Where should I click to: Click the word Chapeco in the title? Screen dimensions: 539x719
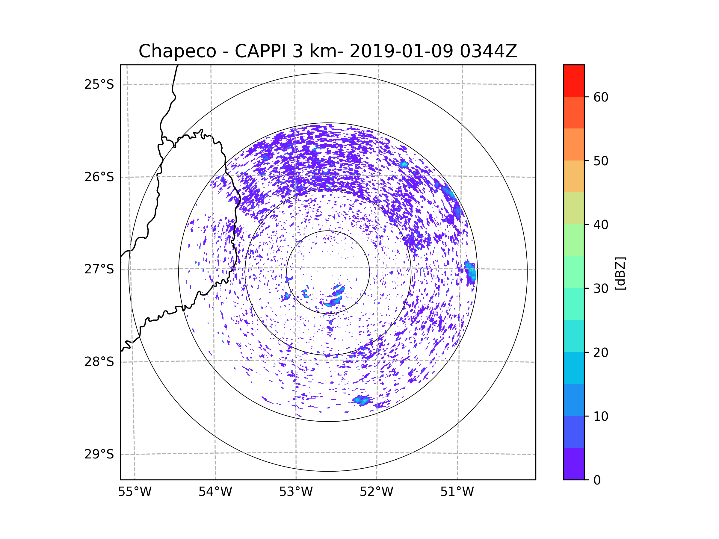tap(177, 51)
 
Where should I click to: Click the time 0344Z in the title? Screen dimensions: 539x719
tap(488, 51)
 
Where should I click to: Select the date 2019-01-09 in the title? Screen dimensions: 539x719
tap(401, 51)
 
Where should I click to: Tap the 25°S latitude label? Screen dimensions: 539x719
tap(99, 84)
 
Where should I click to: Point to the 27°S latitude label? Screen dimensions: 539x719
tap(99, 269)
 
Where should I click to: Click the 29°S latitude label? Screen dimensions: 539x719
tap(99, 454)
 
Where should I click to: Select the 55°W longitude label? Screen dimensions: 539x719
tap(135, 492)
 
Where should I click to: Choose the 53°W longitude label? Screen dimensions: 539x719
tap(296, 492)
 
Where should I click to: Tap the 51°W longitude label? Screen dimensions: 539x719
tap(457, 492)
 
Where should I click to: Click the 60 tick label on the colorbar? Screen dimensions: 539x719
tap(601, 97)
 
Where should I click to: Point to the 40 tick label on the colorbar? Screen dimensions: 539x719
tap(601, 225)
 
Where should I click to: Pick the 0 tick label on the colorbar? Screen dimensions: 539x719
tap(597, 480)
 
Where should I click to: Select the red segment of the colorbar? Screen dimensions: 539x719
tap(574, 81)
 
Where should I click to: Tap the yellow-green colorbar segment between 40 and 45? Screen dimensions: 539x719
tap(574, 208)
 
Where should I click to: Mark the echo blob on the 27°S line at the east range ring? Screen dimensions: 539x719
tap(470, 272)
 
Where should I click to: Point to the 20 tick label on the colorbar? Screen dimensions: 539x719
tap(601, 352)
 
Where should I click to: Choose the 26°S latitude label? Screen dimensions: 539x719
tap(99, 177)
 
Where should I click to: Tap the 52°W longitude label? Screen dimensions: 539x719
tap(376, 492)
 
